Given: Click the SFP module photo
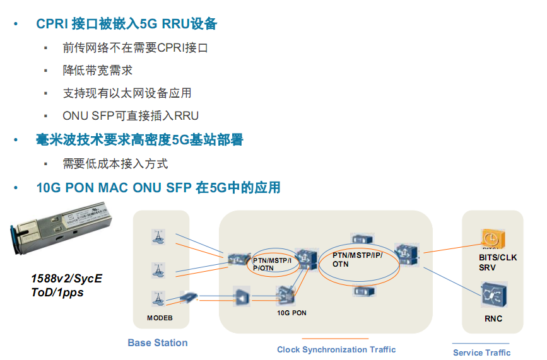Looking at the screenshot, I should point(60,233).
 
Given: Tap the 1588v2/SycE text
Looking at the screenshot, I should point(66,278).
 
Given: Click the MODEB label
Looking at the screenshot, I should point(160,318).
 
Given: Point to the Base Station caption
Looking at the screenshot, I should point(158,343).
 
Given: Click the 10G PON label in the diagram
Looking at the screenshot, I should point(291,312).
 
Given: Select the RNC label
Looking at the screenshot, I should point(493,318).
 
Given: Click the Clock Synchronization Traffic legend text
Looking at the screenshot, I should point(336,349).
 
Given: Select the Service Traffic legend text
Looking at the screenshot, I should point(481,352).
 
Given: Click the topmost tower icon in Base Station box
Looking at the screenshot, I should point(158,237).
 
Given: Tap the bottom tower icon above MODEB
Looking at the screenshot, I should point(158,297).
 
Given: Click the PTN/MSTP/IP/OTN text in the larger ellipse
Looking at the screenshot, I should point(358,259).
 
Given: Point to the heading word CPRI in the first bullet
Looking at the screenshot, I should point(52,24).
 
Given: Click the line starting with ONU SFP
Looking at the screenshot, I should point(131,116).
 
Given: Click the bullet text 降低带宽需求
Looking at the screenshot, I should point(97,71).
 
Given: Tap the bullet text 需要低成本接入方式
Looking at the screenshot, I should point(115,164).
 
